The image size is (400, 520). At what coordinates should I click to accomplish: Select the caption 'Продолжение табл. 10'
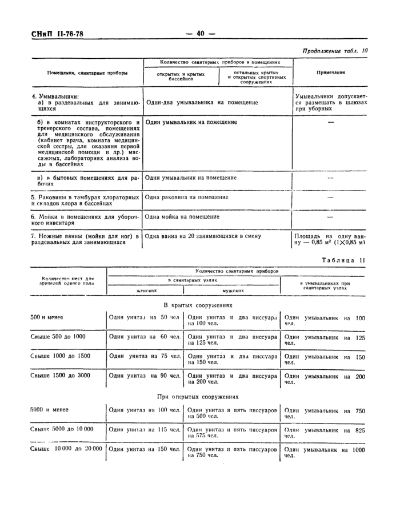(x=335, y=51)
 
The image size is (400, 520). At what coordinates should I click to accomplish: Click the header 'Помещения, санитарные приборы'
(x=87, y=73)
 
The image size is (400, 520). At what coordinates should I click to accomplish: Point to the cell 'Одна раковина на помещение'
(x=187, y=197)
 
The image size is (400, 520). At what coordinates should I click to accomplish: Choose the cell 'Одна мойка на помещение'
(x=182, y=216)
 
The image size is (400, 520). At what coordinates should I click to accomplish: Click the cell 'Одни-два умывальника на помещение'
(x=202, y=103)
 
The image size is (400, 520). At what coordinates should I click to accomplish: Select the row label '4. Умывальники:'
(x=55, y=96)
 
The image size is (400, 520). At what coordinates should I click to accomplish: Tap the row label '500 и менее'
(x=47, y=317)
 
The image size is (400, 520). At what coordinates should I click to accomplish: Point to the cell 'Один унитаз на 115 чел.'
(x=145, y=429)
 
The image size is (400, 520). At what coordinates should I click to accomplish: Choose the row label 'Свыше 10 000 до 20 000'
(x=66, y=449)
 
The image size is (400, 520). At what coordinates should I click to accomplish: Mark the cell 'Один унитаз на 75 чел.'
(x=145, y=356)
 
